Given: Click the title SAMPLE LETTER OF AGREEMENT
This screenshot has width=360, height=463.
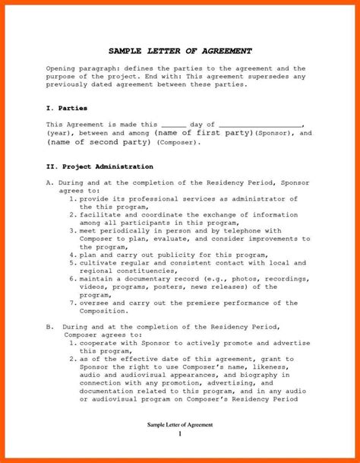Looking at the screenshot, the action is click(x=180, y=51).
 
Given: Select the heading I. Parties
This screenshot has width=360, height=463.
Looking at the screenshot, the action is click(x=66, y=108).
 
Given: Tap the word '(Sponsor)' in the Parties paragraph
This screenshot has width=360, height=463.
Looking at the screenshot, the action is click(x=273, y=133).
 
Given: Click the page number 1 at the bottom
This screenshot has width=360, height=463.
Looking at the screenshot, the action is click(x=180, y=433).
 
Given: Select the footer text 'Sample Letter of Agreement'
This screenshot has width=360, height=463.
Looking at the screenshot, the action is click(x=180, y=423).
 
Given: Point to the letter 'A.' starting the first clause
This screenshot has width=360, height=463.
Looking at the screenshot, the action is click(x=49, y=183).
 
